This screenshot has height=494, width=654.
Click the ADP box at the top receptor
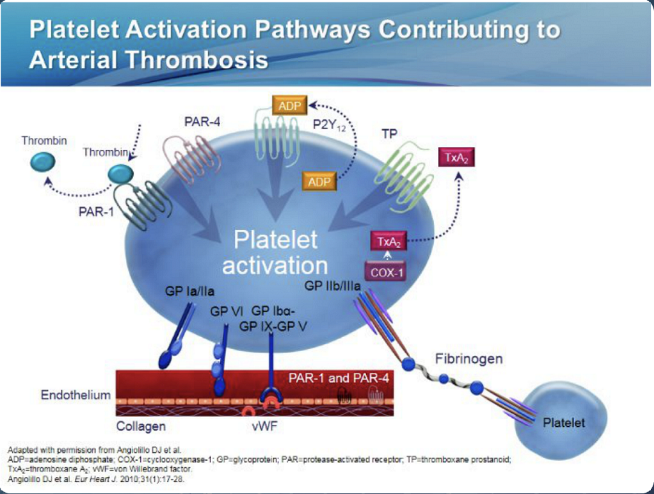click(x=290, y=105)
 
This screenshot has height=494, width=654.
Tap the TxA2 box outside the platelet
click(x=456, y=158)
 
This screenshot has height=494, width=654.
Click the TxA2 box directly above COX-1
click(x=387, y=242)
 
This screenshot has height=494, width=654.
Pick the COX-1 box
click(x=385, y=272)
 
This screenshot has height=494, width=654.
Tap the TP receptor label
click(x=390, y=134)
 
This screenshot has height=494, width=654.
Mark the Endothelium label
click(x=76, y=395)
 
